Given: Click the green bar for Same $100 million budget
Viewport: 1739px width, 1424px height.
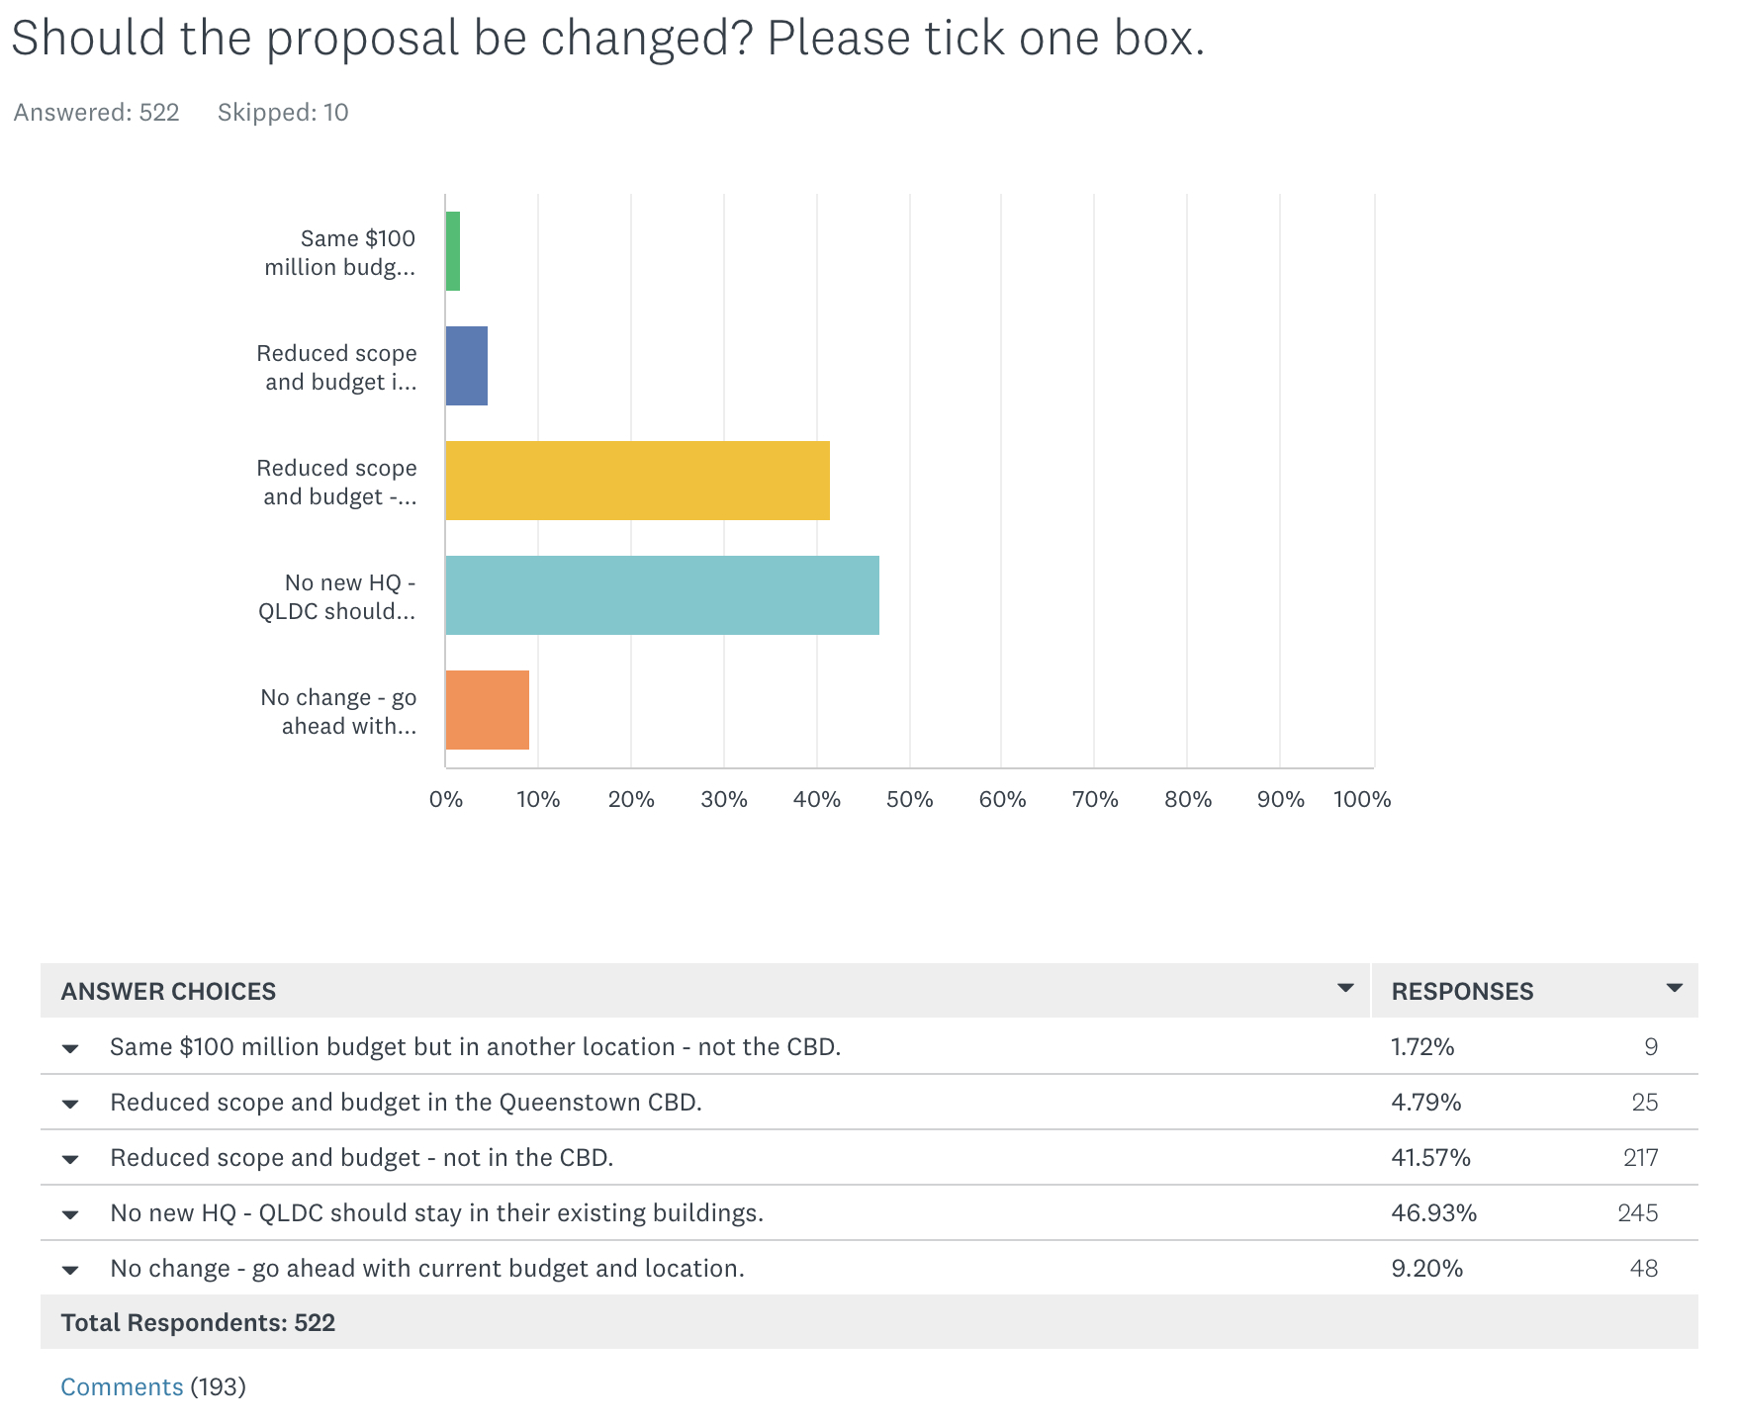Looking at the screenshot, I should [x=453, y=251].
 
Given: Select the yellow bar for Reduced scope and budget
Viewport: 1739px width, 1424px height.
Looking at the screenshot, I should [x=637, y=481].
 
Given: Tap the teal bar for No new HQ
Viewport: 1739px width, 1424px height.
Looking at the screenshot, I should [x=662, y=595].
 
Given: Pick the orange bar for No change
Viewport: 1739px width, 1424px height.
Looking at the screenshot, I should [x=487, y=710].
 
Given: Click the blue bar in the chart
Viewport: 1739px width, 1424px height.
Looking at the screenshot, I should [x=466, y=366].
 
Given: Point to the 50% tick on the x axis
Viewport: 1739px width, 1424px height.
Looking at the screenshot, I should [x=909, y=799].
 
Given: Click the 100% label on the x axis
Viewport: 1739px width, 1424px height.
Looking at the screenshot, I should [x=1361, y=799].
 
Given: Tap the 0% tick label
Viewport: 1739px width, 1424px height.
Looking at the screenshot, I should [x=446, y=799].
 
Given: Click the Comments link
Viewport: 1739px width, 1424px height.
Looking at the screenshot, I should [x=122, y=1386].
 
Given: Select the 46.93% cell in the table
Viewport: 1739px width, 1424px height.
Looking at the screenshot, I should [x=1433, y=1212].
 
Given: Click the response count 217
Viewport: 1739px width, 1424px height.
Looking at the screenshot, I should [x=1640, y=1157].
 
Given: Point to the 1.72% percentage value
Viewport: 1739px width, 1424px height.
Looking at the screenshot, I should [x=1422, y=1046].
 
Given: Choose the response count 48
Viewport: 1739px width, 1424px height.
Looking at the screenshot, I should [x=1643, y=1268].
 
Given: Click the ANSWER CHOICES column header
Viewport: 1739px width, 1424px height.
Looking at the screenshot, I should [x=168, y=991].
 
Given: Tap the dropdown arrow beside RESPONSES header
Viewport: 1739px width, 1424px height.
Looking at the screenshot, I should [x=1674, y=988].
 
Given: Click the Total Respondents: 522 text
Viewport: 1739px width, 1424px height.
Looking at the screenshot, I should [x=198, y=1322].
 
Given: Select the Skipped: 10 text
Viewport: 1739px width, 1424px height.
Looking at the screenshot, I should [x=283, y=113].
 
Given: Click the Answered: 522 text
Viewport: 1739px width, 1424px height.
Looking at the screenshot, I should [x=96, y=113].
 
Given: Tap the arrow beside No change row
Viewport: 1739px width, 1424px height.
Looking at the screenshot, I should [x=70, y=1270].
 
